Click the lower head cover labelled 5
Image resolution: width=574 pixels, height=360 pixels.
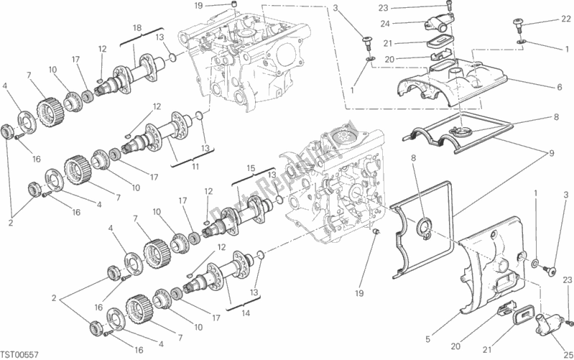pos(489,266)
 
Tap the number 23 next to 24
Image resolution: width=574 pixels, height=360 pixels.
pos(383,8)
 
